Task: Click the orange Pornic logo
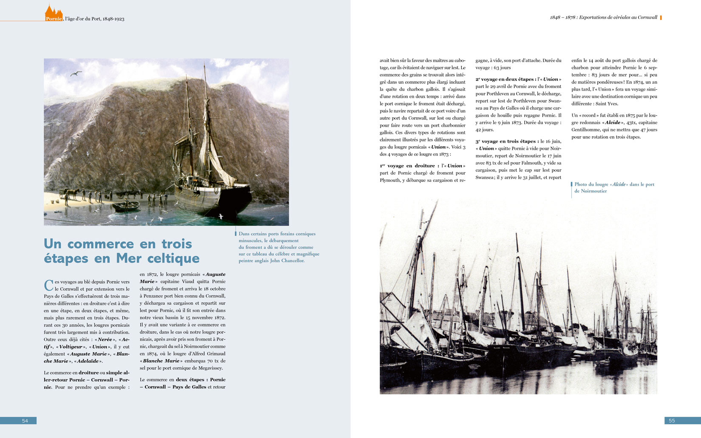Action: click(54, 14)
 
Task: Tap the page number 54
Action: click(25, 421)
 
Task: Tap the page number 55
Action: click(672, 421)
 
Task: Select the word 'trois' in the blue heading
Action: click(177, 244)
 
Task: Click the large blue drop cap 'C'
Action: click(48, 285)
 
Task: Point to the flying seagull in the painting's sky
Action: click(76, 73)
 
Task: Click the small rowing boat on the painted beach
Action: click(125, 206)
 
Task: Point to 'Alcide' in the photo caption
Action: click(619, 184)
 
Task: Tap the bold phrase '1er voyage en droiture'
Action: click(407, 166)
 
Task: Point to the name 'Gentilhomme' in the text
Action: click(585, 130)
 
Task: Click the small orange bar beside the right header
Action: click(661, 17)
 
